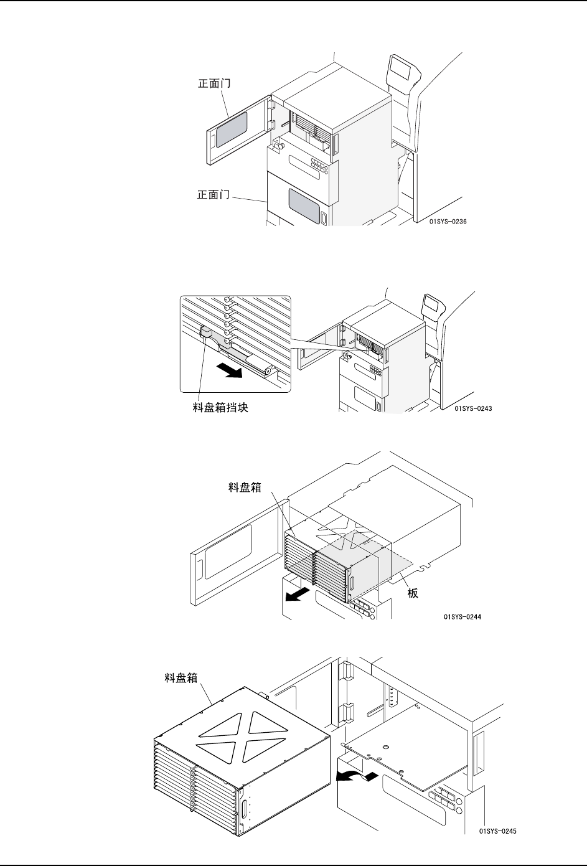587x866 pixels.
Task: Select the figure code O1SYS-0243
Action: coord(472,408)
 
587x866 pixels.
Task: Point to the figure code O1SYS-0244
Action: coord(462,617)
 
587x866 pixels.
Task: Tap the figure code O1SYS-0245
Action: coord(498,831)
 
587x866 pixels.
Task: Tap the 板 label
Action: coord(413,593)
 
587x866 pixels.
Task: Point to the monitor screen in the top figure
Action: coord(400,67)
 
